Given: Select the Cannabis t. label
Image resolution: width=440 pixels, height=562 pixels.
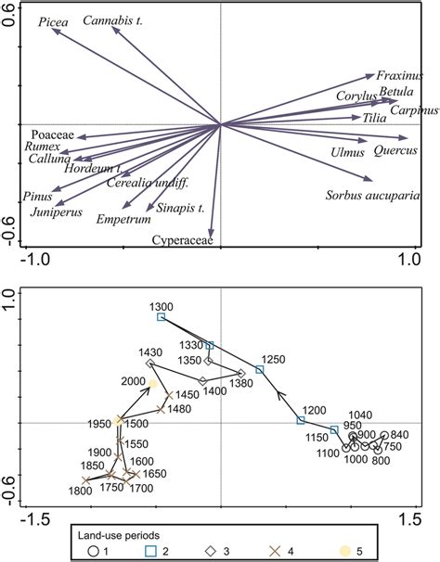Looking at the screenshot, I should pos(113,19).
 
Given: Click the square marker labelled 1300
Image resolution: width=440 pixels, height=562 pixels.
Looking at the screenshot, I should pos(161,317).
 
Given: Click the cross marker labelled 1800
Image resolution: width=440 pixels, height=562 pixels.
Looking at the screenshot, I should pos(86,479).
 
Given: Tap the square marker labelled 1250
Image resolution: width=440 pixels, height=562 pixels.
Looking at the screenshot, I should pos(260,369).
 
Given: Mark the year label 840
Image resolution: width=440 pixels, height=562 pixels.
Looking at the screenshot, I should pos(400,435).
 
